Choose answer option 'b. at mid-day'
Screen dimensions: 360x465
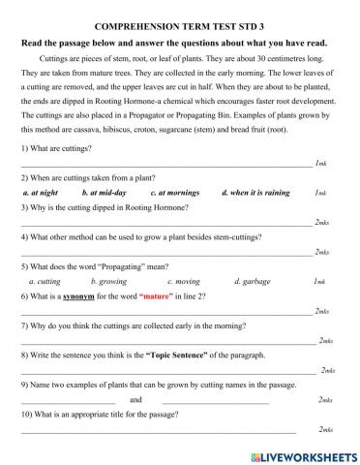[96, 193]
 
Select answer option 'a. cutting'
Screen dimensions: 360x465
[45, 281]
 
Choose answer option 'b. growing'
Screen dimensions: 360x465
[110, 281]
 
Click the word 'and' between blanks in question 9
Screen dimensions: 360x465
[135, 399]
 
